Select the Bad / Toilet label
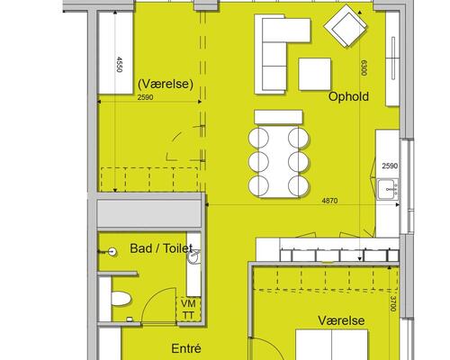[162, 247]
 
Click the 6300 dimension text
[364, 68]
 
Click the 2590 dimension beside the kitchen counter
[388, 167]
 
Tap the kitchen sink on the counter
[387, 188]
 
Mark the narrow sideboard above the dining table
[280, 116]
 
